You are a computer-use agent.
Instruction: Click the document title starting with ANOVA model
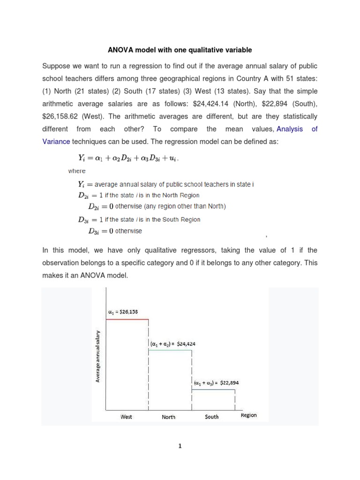tap(180, 50)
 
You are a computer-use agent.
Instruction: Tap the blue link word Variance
tap(56, 141)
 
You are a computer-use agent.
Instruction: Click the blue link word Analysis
tap(289, 128)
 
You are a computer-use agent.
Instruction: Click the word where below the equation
tap(77, 171)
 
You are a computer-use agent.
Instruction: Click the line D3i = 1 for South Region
tap(139, 219)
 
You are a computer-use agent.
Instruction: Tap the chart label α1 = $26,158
tap(120, 311)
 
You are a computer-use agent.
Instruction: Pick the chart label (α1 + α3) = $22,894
tap(216, 382)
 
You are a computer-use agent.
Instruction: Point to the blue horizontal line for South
tap(213, 389)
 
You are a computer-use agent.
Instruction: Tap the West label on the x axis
tap(126, 417)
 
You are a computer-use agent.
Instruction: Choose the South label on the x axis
tap(212, 417)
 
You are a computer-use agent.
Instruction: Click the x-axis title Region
tap(249, 415)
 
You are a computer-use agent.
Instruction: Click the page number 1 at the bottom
tap(180, 446)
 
